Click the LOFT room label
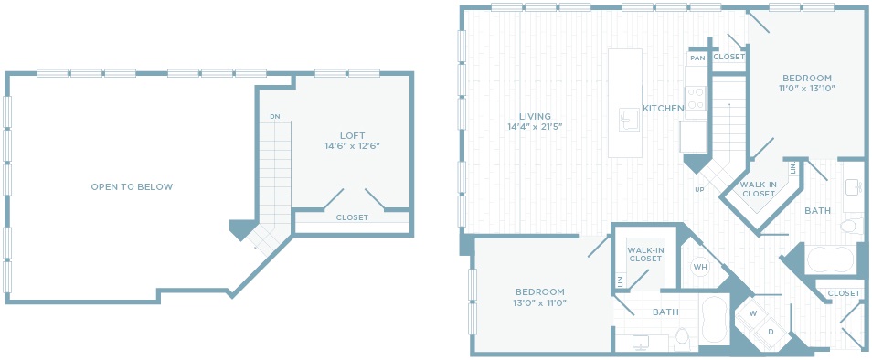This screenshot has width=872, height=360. click(353, 135)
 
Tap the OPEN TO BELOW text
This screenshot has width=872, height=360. click(132, 187)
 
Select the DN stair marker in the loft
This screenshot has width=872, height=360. click(275, 117)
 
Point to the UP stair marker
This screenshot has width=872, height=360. click(699, 190)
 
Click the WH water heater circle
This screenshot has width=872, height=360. click(699, 267)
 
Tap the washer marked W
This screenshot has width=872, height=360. click(753, 313)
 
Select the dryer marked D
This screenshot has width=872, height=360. click(771, 332)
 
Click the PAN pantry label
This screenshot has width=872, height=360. click(697, 58)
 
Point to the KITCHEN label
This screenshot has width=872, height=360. click(664, 109)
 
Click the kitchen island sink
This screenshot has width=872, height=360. click(630, 120)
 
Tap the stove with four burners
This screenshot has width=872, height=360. click(696, 99)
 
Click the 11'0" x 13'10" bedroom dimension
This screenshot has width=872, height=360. click(806, 88)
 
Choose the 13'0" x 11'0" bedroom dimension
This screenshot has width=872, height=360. click(539, 302)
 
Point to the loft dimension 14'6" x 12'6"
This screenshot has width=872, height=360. click(353, 146)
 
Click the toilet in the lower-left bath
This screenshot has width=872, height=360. click(682, 339)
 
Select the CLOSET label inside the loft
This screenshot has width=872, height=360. click(352, 217)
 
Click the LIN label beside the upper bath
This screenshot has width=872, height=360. click(793, 168)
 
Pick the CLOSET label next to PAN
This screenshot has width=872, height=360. click(728, 57)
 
